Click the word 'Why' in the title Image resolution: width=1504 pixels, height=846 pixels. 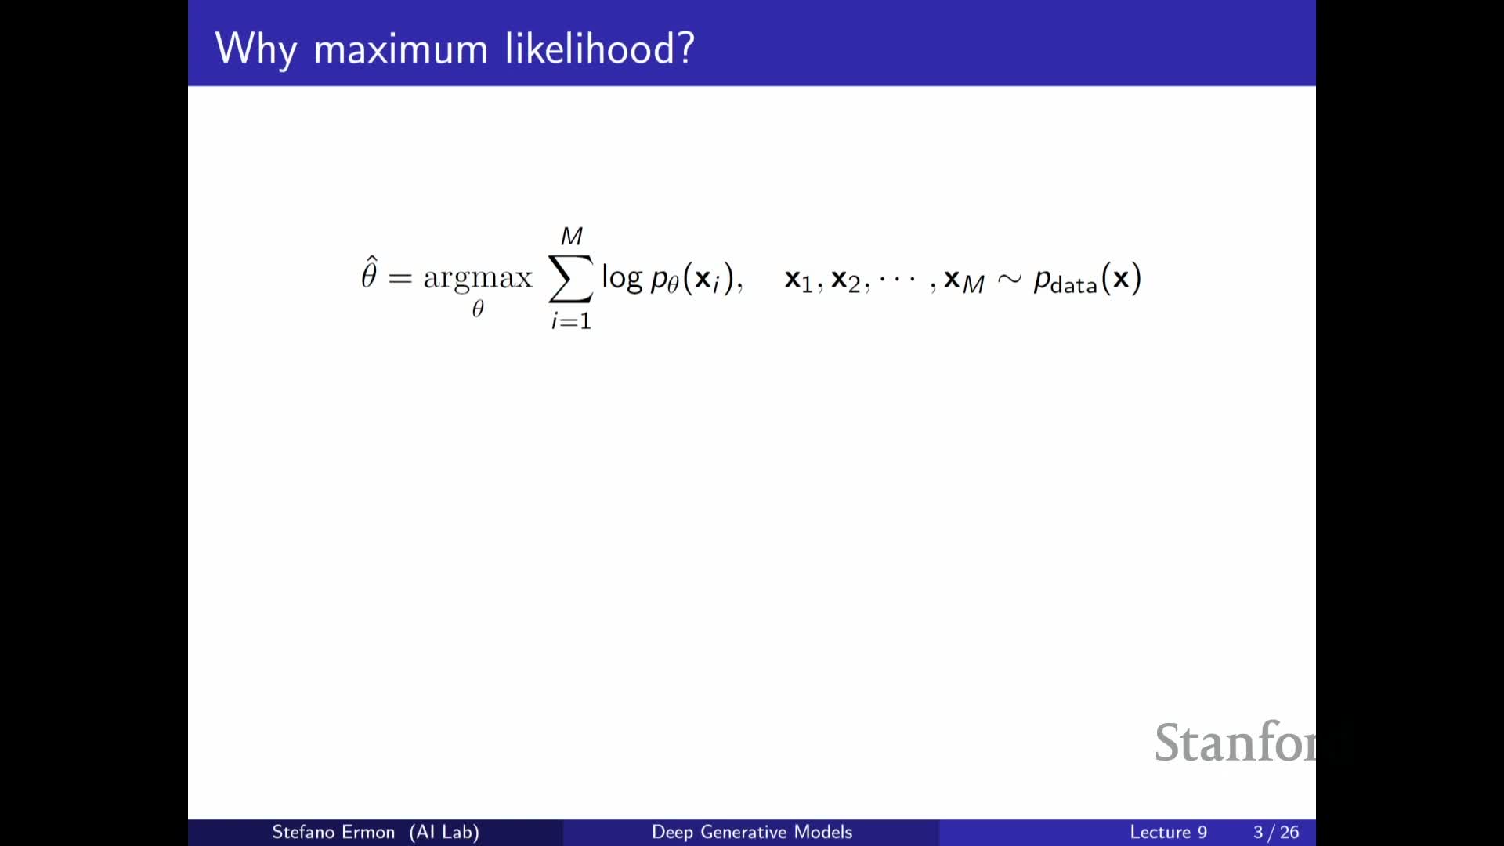(256, 49)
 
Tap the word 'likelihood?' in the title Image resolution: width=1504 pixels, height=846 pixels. (600, 49)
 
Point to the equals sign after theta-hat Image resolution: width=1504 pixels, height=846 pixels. (399, 277)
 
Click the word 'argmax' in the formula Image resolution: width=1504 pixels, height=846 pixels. (478, 278)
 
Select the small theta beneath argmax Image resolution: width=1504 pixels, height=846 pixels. (478, 308)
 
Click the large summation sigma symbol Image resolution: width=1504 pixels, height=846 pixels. (571, 278)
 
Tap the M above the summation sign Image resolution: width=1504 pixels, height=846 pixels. (572, 236)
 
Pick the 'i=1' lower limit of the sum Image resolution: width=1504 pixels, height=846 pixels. (571, 320)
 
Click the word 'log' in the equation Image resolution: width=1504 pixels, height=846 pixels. (622, 277)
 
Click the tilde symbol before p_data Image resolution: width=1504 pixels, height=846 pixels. (1010, 279)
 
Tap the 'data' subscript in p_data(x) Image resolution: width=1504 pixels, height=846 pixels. (1074, 285)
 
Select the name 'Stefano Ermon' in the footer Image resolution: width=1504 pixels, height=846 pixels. (333, 832)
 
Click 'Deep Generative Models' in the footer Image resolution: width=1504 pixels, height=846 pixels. (752, 832)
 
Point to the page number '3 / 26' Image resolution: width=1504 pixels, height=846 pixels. (1276, 832)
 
